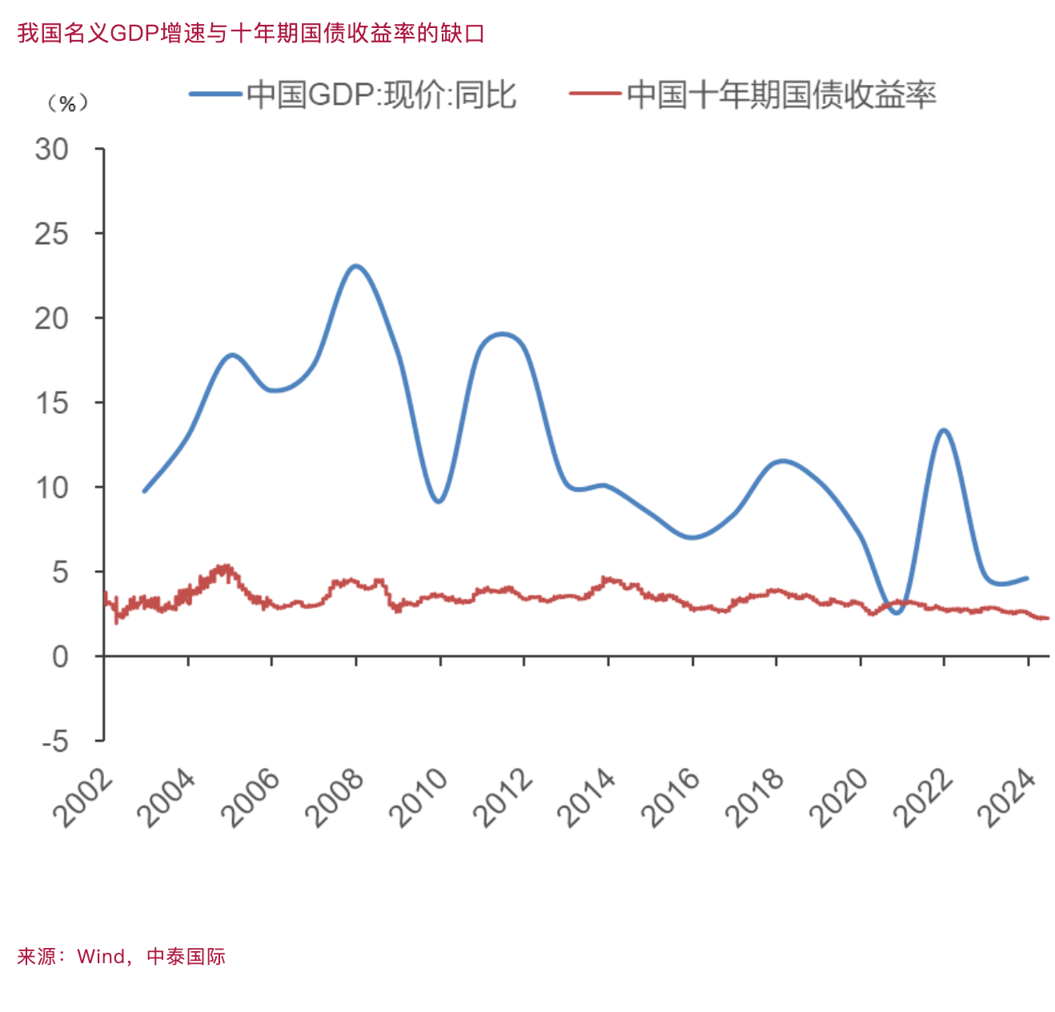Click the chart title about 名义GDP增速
251,34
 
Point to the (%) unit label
67,104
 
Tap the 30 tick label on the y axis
52,150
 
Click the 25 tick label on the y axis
52,234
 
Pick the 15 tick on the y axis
52,403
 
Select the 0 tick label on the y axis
60,657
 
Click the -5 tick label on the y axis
55,741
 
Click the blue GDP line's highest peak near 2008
355,266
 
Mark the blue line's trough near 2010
438,501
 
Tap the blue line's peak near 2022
944,431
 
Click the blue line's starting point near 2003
144,491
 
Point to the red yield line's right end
1047,618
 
